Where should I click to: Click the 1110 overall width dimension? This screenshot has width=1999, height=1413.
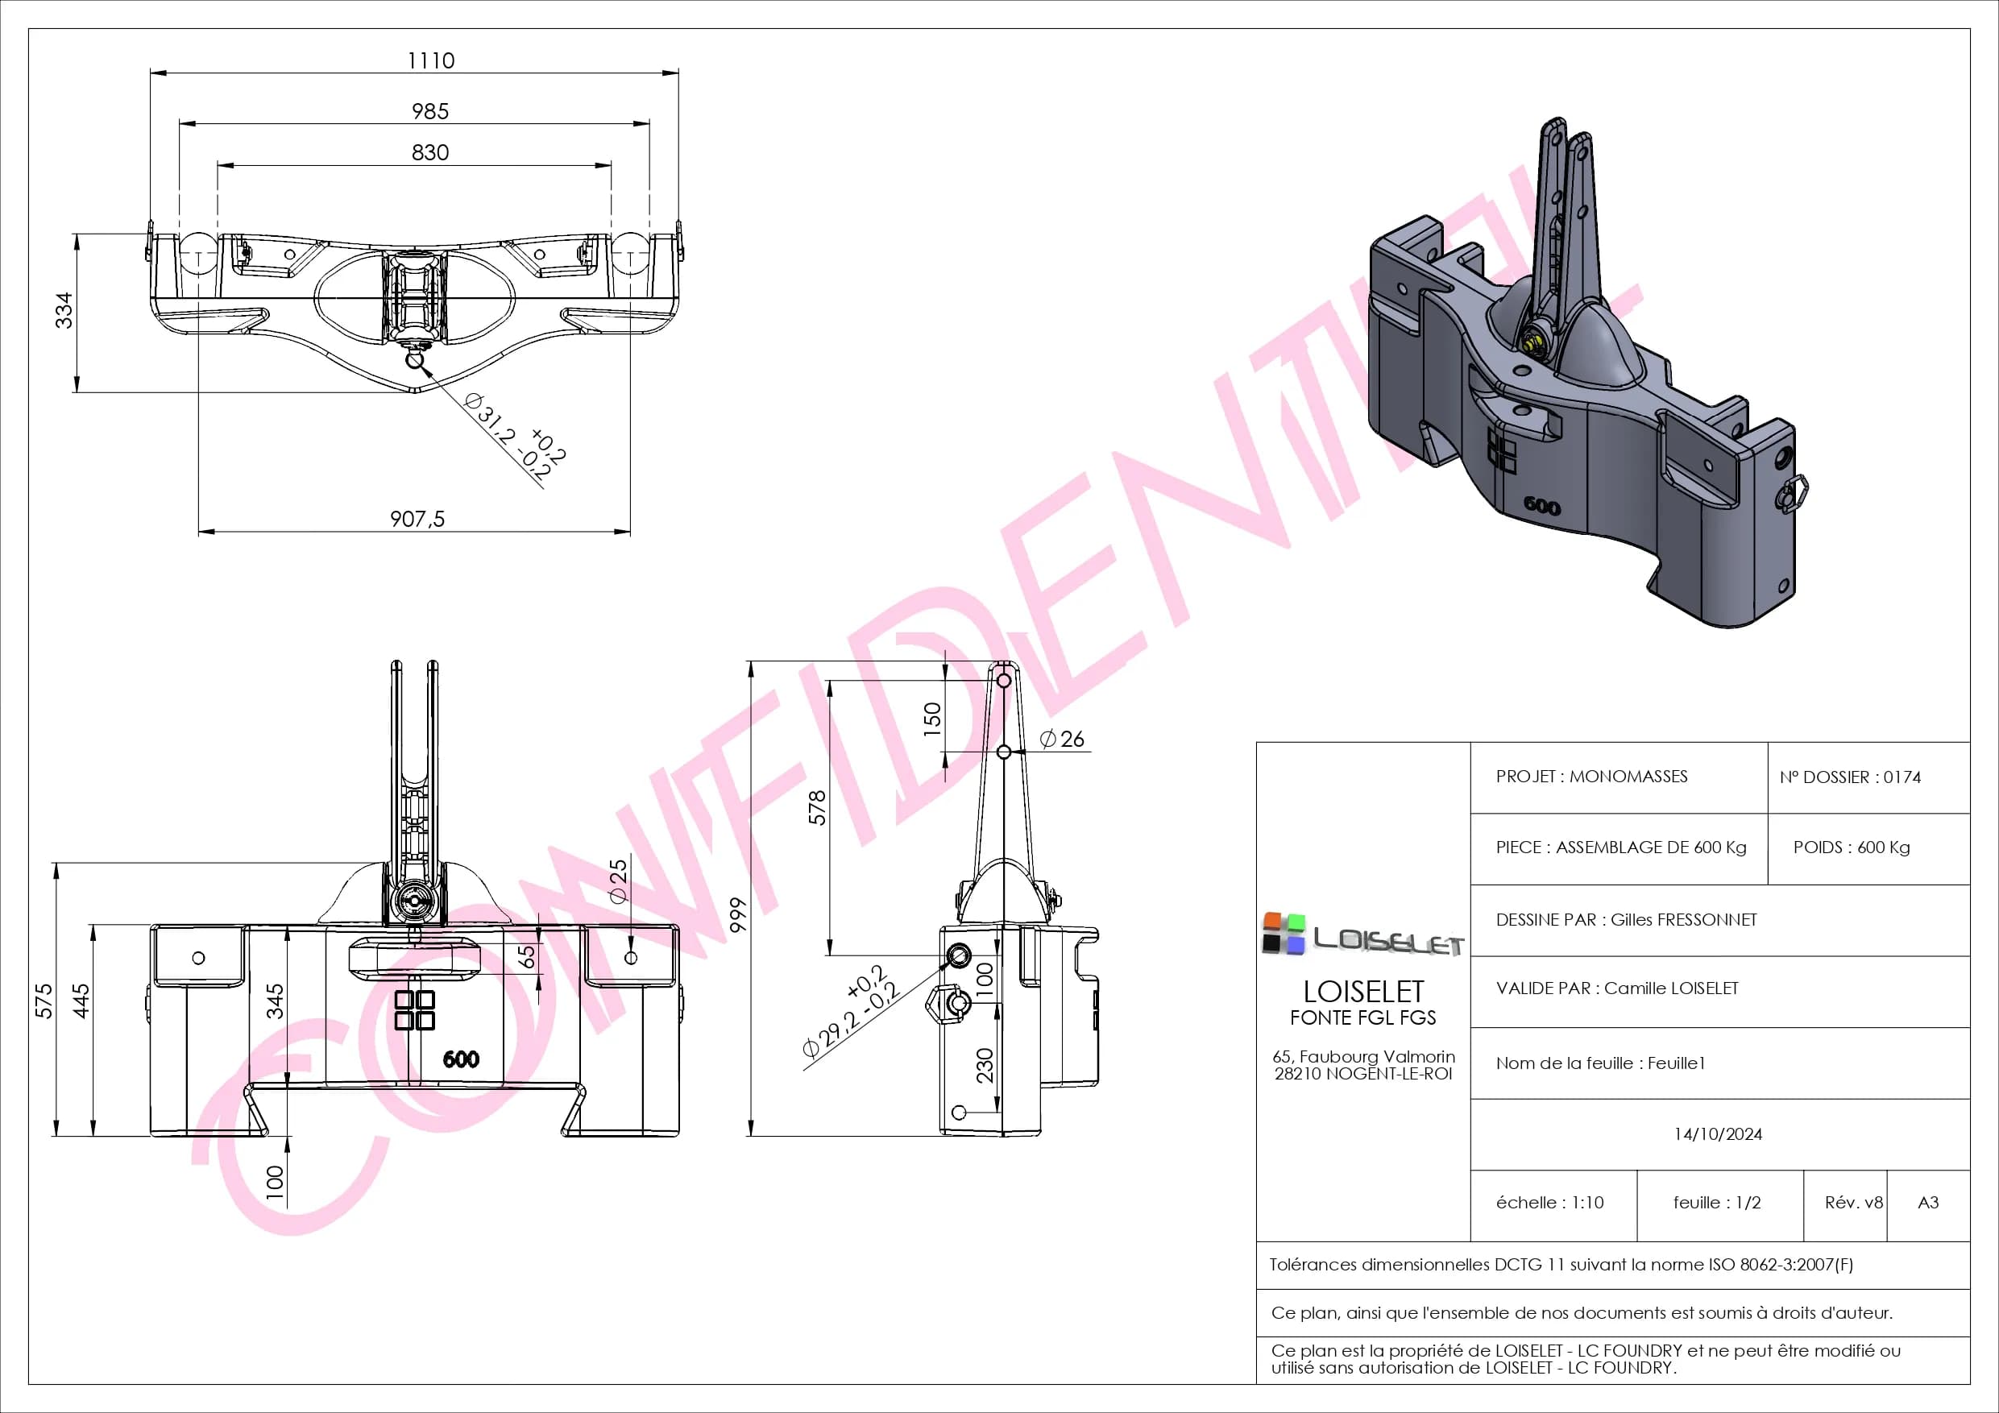coord(431,60)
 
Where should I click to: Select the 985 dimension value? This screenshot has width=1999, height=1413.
coord(430,111)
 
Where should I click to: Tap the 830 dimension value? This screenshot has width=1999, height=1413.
coord(430,152)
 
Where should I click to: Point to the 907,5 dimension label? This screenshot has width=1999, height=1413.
coord(417,519)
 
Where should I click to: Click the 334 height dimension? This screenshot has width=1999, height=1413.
coord(64,311)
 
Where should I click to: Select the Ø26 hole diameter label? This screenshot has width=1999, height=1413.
coord(1062,740)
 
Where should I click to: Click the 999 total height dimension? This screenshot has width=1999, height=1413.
coord(738,915)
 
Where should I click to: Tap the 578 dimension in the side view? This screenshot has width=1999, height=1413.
coord(817,808)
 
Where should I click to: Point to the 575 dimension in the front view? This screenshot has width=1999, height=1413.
coord(44,1001)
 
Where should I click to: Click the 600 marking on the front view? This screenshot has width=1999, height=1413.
coord(461,1059)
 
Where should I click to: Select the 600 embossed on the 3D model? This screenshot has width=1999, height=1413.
coord(1542,506)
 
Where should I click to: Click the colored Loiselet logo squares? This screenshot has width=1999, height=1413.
coord(1284,932)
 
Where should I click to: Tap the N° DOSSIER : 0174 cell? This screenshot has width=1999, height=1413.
coord(1850,777)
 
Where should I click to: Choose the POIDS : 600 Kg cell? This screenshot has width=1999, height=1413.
coord(1851,847)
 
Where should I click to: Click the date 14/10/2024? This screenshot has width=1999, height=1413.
coord(1718,1133)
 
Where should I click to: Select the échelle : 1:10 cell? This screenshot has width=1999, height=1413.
coord(1549,1202)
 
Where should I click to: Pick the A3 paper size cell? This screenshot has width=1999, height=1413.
coord(1928,1202)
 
